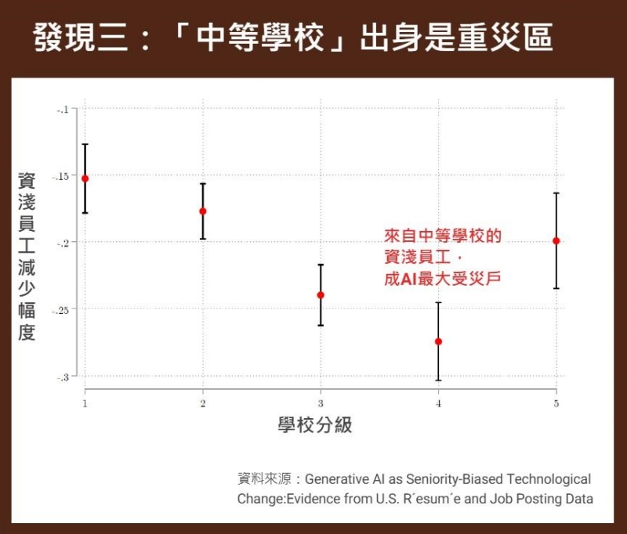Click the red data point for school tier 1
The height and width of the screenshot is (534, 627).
pos(85,179)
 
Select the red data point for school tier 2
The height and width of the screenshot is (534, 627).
pos(203,211)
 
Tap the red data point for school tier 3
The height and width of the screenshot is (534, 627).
pos(321,295)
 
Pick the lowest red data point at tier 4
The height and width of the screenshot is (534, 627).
pos(438,341)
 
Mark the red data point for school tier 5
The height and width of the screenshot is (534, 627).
pos(556,241)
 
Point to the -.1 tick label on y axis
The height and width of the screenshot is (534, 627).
pos(63,110)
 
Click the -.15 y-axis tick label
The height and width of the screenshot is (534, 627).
pos(60,176)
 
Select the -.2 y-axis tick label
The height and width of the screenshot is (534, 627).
pos(63,243)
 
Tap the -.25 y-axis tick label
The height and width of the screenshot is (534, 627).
pos(60,310)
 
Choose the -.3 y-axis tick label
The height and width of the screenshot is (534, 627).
pos(63,377)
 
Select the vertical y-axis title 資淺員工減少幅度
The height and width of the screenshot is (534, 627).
pos(27,258)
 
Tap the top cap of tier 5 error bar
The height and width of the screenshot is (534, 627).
pos(556,193)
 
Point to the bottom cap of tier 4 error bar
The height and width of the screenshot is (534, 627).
pos(438,381)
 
